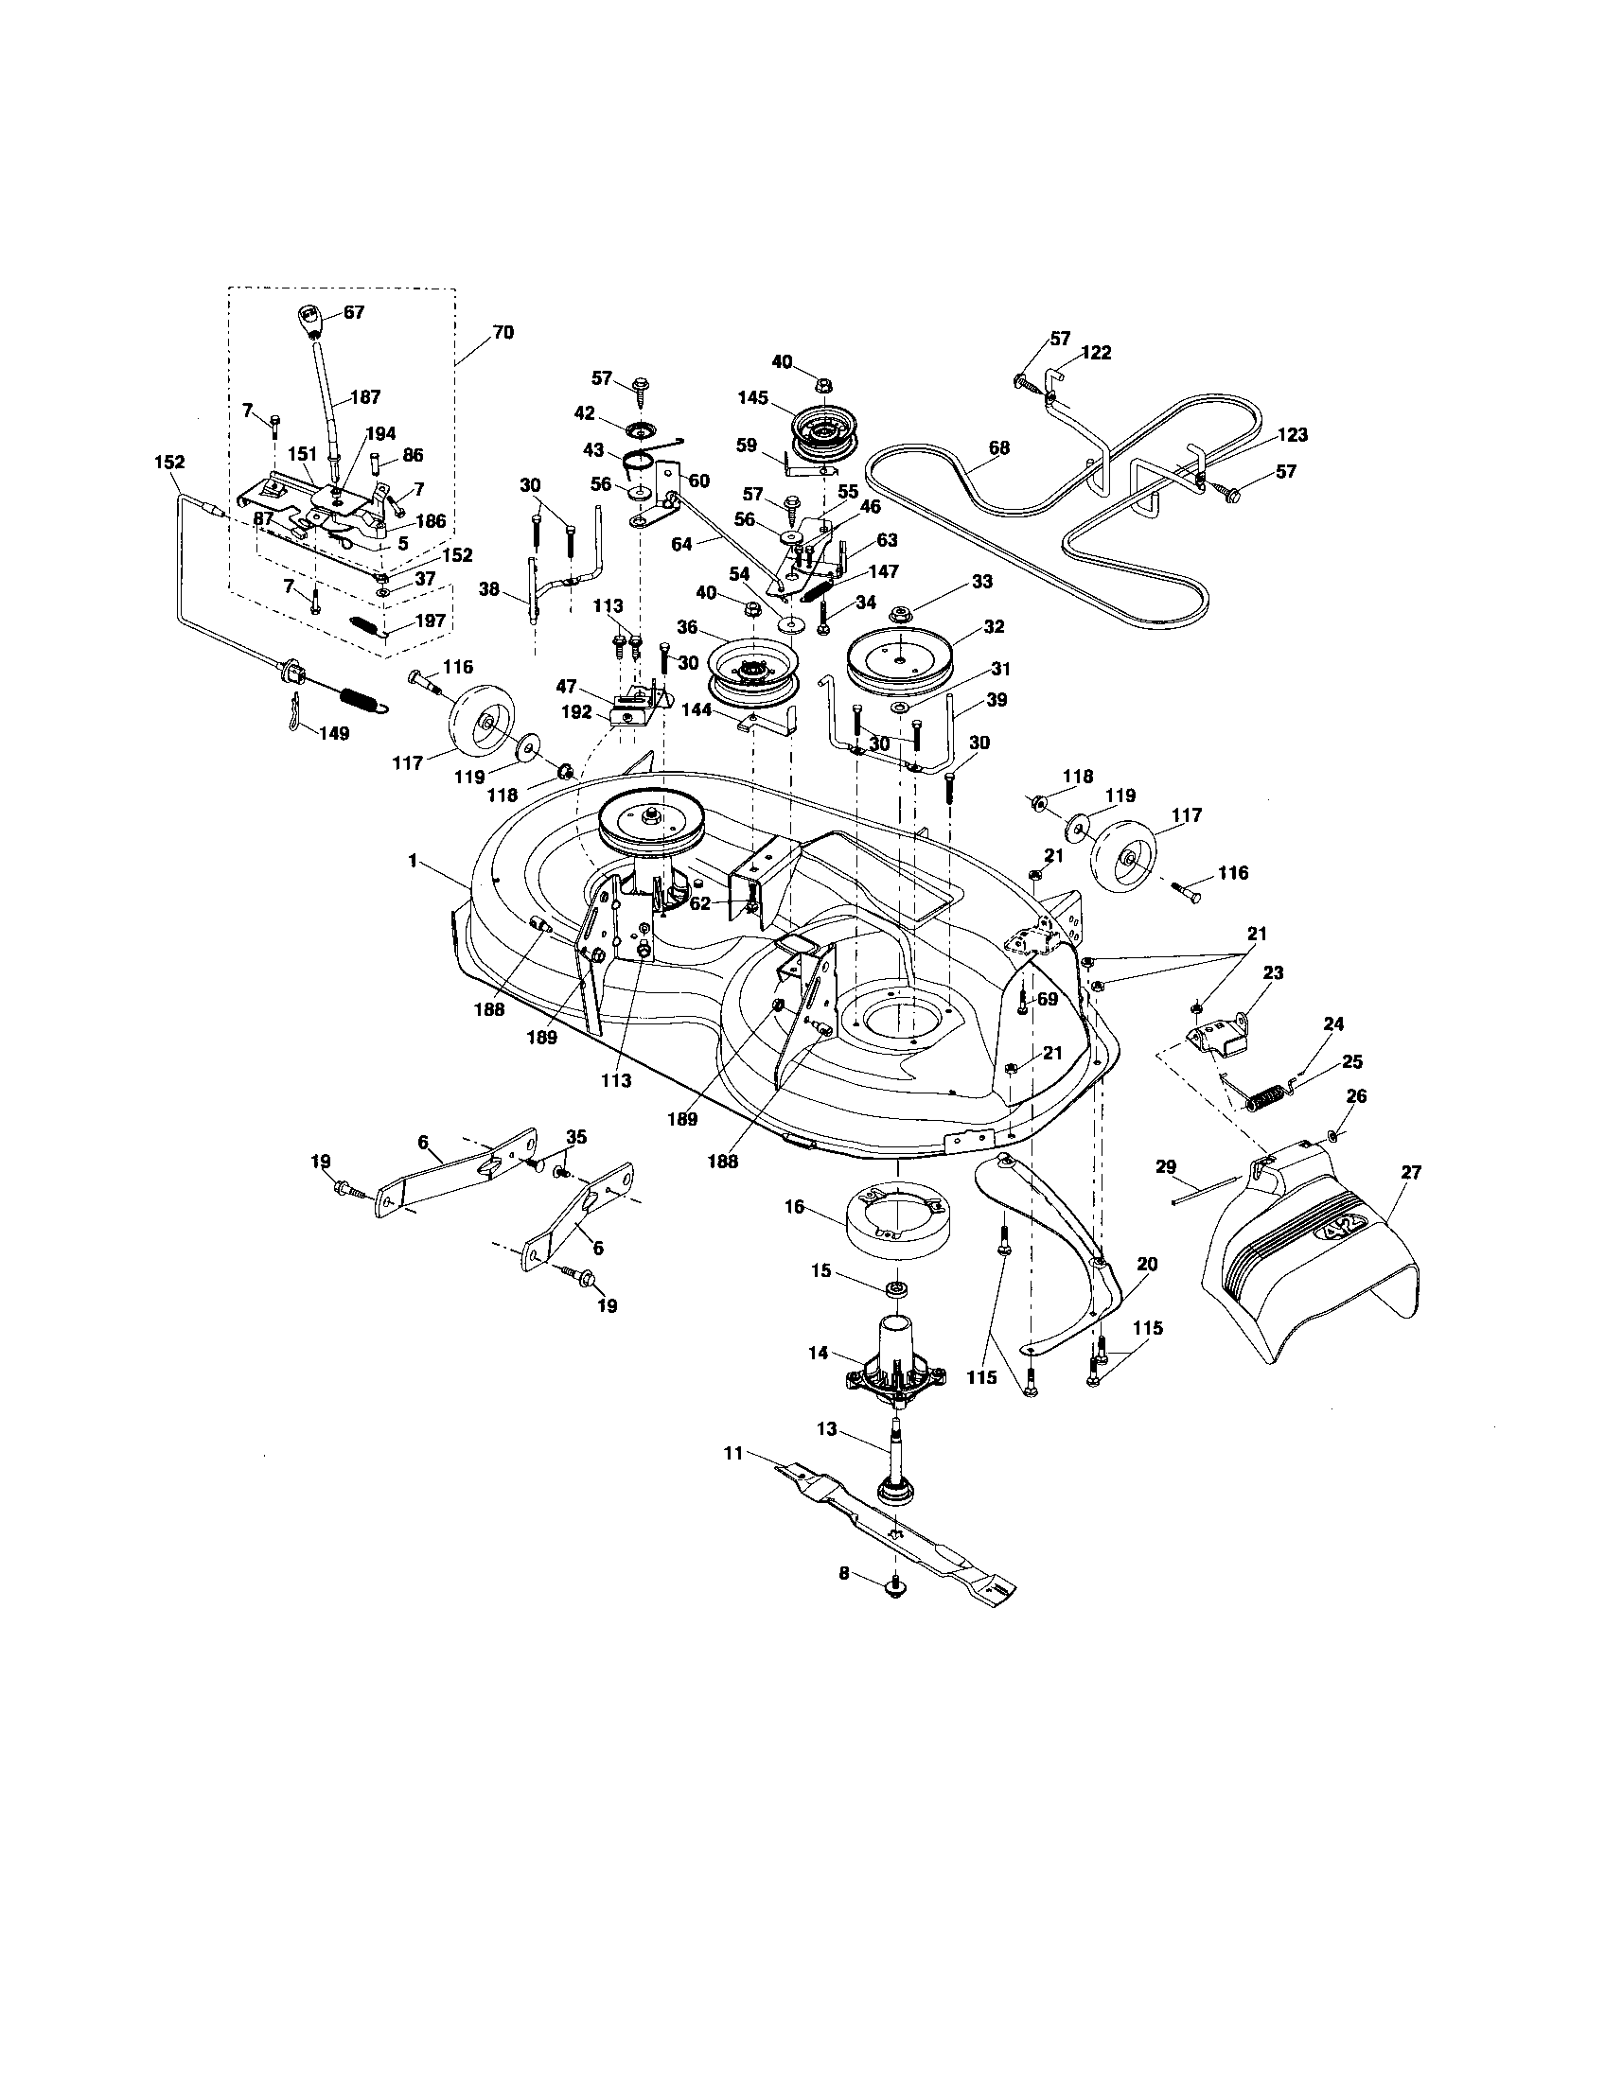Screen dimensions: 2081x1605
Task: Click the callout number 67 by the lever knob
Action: (x=354, y=311)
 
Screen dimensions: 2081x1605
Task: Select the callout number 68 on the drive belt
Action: (x=998, y=446)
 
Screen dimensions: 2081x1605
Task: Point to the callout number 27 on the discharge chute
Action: (x=1411, y=1173)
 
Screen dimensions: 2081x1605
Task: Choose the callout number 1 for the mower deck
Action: (x=412, y=860)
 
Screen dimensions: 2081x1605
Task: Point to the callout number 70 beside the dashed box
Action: (x=503, y=332)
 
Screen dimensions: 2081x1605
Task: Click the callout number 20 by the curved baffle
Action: (x=1148, y=1265)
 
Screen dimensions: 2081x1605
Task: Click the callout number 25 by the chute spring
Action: (x=1351, y=1060)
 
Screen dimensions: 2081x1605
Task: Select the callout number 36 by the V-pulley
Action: (x=687, y=627)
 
